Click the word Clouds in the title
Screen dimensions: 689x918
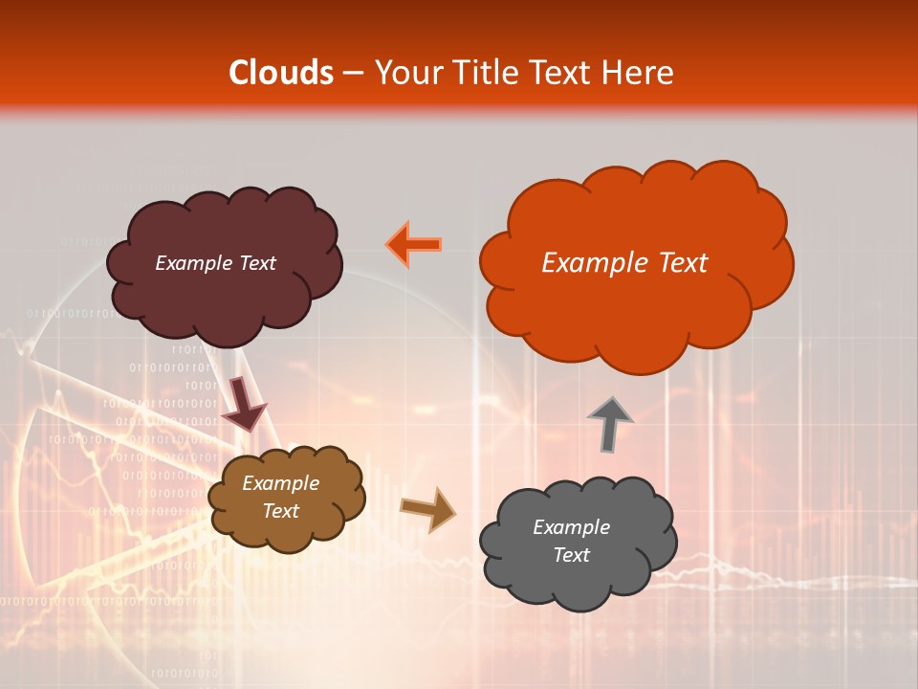pyautogui.click(x=281, y=73)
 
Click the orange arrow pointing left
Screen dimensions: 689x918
pyautogui.click(x=414, y=245)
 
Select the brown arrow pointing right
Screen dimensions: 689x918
pyautogui.click(x=427, y=508)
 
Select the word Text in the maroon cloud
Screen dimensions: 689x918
pyautogui.click(x=257, y=263)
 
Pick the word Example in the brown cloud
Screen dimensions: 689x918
pyautogui.click(x=280, y=483)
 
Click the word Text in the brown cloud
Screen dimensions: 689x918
pyautogui.click(x=280, y=511)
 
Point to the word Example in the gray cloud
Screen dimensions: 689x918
pyautogui.click(x=571, y=527)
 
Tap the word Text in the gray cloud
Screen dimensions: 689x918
pyautogui.click(x=571, y=555)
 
